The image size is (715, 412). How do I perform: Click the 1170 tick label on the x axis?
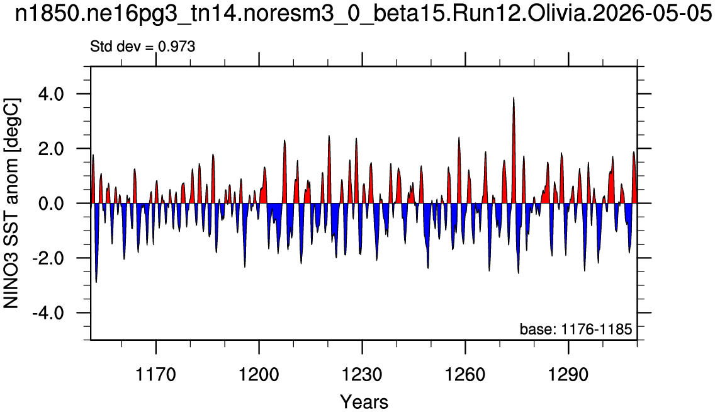pos(156,375)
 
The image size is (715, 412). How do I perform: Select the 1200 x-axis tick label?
pos(259,375)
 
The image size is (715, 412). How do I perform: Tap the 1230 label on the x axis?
pos(362,375)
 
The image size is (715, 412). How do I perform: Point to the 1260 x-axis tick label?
pos(465,375)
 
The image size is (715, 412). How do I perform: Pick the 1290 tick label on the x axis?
pos(568,375)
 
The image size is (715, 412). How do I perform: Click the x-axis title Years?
pos(364,402)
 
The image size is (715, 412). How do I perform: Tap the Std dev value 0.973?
pos(176,46)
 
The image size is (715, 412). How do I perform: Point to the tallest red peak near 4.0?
pos(514,98)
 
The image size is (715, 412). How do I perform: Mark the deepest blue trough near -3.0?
pos(96,282)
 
